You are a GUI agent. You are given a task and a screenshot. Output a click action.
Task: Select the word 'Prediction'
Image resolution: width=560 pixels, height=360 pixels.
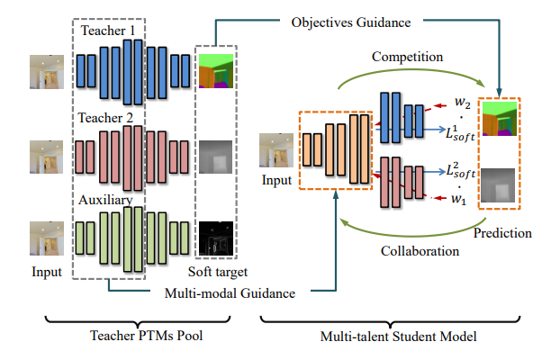(503, 233)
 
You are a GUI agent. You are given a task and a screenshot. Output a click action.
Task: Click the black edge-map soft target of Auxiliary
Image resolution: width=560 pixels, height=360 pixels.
(215, 236)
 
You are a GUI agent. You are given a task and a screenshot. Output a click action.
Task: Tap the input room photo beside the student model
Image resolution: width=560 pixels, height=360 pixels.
(275, 148)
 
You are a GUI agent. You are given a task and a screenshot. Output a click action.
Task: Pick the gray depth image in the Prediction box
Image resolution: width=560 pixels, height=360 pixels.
(500, 185)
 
